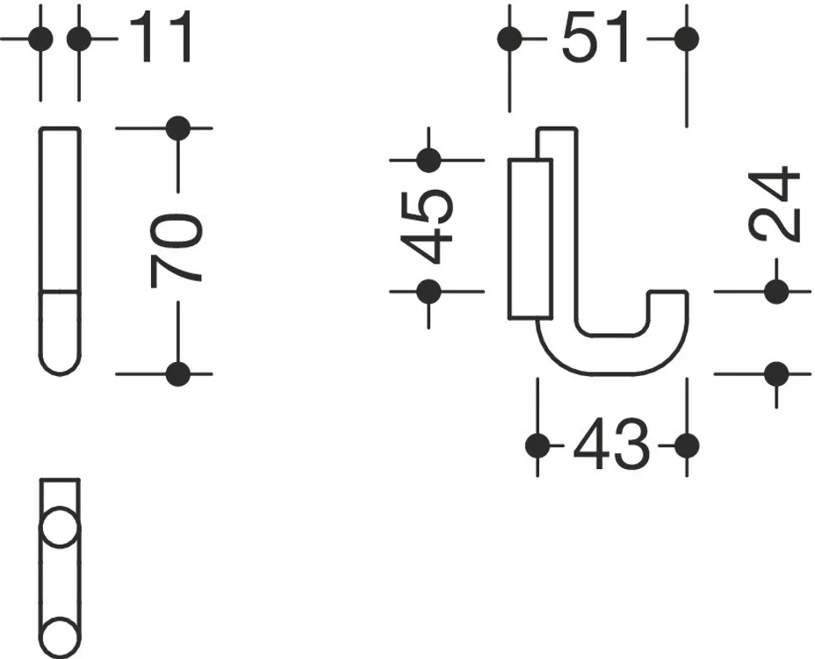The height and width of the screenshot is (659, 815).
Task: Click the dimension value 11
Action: coord(161,37)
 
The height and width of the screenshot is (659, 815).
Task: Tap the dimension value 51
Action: coord(595,37)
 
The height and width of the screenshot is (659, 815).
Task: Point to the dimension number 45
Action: coord(427,226)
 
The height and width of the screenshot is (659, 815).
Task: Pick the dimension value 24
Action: coord(774,204)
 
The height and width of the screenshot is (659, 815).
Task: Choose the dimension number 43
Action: coord(611,445)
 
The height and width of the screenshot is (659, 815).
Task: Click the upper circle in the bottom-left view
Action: coord(60,527)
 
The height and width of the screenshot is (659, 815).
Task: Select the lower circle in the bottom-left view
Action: coord(60,638)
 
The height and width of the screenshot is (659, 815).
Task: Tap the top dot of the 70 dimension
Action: coord(178,128)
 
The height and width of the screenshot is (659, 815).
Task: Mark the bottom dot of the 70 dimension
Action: coord(178,373)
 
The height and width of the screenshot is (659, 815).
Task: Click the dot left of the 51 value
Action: coord(509,39)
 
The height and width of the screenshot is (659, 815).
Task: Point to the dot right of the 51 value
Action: coord(687,39)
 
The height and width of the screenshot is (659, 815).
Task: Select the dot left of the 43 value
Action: coord(537,445)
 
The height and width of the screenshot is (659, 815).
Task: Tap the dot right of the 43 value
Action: coord(687,445)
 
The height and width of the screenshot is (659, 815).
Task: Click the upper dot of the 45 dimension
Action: coord(429,160)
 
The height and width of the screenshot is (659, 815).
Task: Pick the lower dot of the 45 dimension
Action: coord(429,291)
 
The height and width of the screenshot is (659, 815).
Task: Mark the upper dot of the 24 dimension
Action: coord(777,291)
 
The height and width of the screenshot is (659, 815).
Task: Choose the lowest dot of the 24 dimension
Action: coord(777,373)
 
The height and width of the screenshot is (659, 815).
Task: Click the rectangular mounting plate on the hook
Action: coord(530,239)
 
